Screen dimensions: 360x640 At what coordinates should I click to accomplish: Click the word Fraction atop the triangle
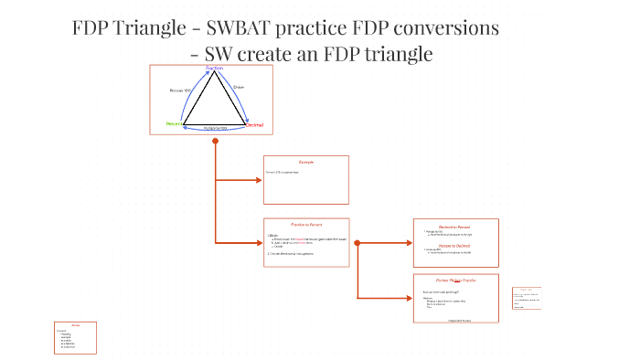[214, 69]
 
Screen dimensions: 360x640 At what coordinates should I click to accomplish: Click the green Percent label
[174, 123]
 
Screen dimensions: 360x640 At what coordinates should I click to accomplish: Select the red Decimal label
[254, 124]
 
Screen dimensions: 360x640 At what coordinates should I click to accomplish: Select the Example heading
[306, 162]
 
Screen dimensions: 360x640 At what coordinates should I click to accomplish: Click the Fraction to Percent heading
[306, 224]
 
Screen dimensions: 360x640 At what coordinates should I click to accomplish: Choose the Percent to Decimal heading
[454, 245]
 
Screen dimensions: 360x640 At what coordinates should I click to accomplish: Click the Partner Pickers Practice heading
[454, 280]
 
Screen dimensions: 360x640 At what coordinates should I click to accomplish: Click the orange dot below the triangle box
[215, 142]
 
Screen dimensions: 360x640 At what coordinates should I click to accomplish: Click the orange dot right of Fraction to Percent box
[357, 243]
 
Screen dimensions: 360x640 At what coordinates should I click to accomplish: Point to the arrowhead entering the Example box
[259, 180]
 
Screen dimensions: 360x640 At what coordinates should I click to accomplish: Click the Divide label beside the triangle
[239, 88]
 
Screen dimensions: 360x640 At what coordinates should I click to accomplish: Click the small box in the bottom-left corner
[76, 337]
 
